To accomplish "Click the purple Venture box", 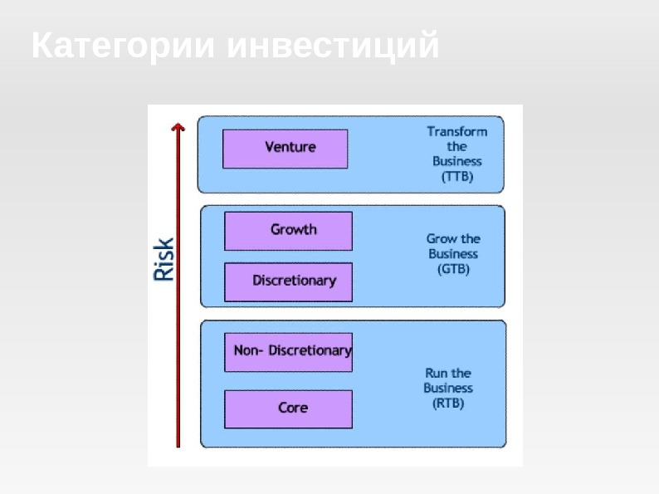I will click(285, 149).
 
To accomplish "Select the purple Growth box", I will click(288, 230).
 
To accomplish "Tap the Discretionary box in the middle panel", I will click(288, 281).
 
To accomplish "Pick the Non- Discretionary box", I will click(288, 351).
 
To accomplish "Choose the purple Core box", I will click(288, 408).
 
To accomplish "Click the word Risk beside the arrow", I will click(164, 259).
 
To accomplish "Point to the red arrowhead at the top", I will click(177, 126).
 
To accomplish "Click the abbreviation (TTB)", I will click(456, 177).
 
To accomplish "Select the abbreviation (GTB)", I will click(453, 270).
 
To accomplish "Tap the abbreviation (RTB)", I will click(448, 404).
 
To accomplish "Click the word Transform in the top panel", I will click(457, 131).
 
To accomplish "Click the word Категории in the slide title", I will click(124, 46).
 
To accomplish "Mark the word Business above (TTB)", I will click(456, 162).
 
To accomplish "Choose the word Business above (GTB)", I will click(453, 254).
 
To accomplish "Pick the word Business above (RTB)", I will click(448, 389).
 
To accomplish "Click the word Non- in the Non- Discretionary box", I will click(248, 351).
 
